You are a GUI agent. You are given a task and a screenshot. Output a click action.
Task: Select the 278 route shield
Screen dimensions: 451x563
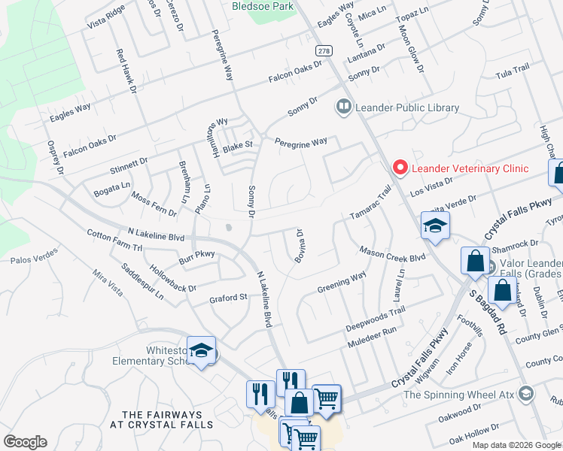323,50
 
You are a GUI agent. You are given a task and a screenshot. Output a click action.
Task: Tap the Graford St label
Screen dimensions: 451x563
228,298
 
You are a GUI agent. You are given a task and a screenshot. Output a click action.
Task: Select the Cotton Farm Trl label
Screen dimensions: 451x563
114,240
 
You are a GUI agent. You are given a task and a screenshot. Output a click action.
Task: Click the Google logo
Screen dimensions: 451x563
25,442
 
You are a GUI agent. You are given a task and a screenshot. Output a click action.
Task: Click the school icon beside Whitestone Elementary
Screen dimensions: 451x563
202,350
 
